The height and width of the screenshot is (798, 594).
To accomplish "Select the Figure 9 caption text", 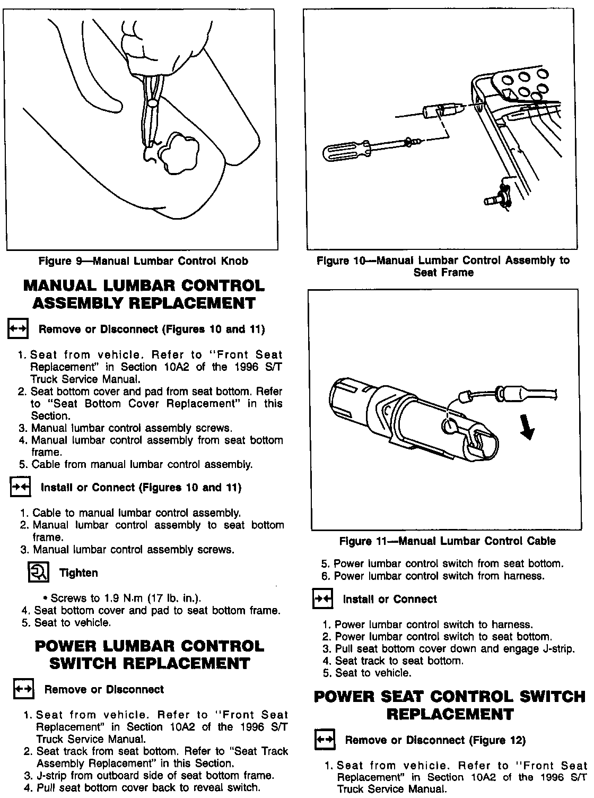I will (143, 261).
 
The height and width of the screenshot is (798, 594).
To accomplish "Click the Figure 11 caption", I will (447, 541).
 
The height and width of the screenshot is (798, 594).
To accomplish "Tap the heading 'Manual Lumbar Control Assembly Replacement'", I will (144, 294).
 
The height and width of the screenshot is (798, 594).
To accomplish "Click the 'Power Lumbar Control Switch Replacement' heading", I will (149, 655).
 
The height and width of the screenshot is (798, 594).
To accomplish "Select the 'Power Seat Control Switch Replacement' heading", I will (450, 705).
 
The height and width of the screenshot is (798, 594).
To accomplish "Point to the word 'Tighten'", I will (78, 573).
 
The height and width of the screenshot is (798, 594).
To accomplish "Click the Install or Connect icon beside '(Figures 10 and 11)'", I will (21, 488).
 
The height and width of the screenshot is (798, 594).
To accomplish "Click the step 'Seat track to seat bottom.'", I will (399, 661).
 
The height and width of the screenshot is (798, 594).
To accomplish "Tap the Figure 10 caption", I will (443, 266).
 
